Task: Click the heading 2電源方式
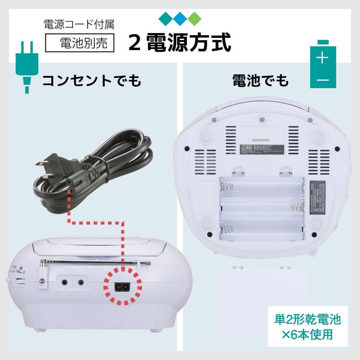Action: pyautogui.click(x=179, y=43)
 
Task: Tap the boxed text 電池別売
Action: pyautogui.click(x=80, y=43)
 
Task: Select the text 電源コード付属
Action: pyautogui.click(x=79, y=24)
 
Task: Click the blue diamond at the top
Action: pyautogui.click(x=180, y=19)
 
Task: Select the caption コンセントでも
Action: pyautogui.click(x=91, y=81)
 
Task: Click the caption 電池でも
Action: pyautogui.click(x=260, y=81)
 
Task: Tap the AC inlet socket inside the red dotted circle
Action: pyautogui.click(x=122, y=287)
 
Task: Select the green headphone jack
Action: pyautogui.click(x=80, y=282)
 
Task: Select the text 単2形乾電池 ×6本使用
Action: pyautogui.click(x=307, y=326)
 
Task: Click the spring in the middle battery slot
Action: pyautogui.click(x=297, y=207)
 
